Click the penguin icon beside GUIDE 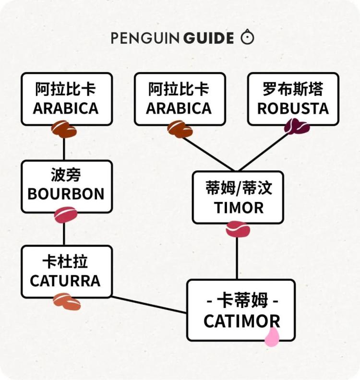coord(247,37)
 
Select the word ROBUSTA coord(293,108)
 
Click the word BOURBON coord(66,194)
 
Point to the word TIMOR coord(239,208)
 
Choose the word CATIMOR coord(241,321)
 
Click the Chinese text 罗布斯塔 coord(293,89)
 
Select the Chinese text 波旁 coord(66,176)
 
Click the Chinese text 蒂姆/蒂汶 coord(239,189)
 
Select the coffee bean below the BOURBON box coord(66,215)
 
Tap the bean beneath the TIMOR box coord(238,229)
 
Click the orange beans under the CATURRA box coord(67,301)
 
